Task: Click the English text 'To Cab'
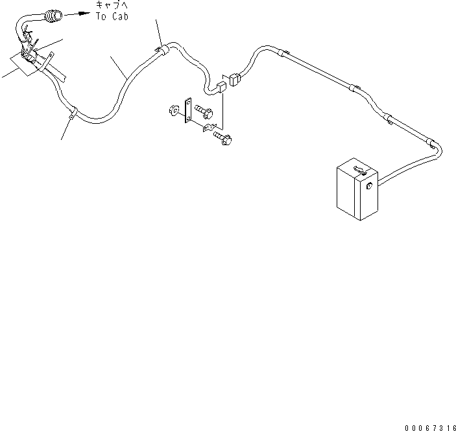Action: pyautogui.click(x=112, y=17)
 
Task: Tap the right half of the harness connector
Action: pyautogui.click(x=234, y=80)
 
